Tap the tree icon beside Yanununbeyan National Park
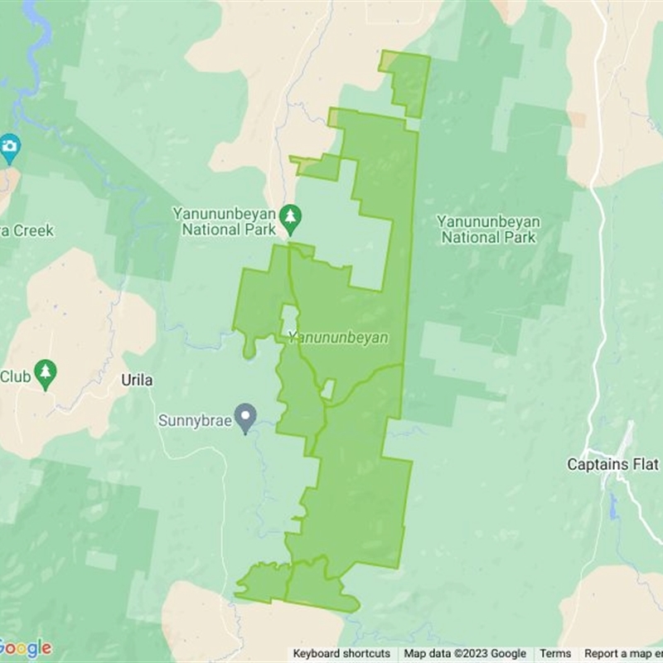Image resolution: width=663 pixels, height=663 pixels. pyautogui.click(x=290, y=218)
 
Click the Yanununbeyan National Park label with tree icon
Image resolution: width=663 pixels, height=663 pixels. pyautogui.click(x=224, y=221)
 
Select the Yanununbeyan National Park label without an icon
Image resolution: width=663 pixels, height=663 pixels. pyautogui.click(x=488, y=230)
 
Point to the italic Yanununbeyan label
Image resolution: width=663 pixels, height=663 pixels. pyautogui.click(x=338, y=338)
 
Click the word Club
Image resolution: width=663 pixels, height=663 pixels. pyautogui.click(x=15, y=377)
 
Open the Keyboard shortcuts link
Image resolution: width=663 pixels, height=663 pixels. pyautogui.click(x=341, y=654)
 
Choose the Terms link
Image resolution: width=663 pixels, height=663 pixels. pyautogui.click(x=555, y=654)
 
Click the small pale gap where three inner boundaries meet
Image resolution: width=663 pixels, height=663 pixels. pyautogui.click(x=327, y=388)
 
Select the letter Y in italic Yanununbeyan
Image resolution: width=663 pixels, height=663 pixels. pyautogui.click(x=293, y=338)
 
